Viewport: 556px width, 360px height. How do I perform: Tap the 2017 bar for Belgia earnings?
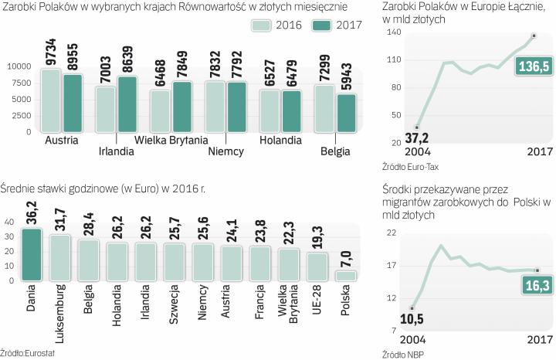pyautogui.click(x=346, y=113)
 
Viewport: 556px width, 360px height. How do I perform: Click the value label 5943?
pyautogui.click(x=346, y=76)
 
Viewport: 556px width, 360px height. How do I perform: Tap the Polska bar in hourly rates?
pyautogui.click(x=345, y=275)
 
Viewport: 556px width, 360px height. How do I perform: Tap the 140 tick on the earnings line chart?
pyautogui.click(x=392, y=33)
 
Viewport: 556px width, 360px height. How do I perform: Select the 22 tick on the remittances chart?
pyautogui.click(x=392, y=233)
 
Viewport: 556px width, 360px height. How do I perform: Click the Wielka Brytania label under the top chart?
pyautogui.click(x=172, y=140)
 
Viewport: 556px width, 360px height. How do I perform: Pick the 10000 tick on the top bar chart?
pyautogui.click(x=18, y=66)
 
